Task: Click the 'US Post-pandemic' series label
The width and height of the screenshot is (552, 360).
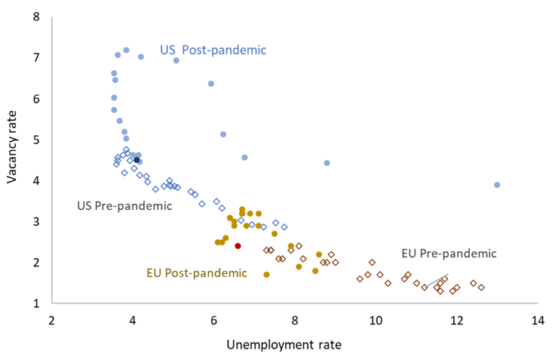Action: (213, 50)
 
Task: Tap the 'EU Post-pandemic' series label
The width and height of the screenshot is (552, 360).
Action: (196, 272)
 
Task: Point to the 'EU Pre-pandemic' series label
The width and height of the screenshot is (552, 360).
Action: (449, 254)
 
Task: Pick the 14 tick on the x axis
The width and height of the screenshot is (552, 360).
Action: (538, 320)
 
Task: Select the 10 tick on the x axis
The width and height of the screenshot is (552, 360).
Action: (376, 320)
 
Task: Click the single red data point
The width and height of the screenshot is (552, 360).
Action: (238, 246)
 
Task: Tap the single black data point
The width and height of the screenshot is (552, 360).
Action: (136, 160)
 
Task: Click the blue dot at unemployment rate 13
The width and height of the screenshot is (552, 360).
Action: (497, 185)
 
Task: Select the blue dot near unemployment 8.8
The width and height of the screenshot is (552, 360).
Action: (327, 163)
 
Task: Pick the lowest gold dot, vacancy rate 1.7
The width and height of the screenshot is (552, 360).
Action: (266, 275)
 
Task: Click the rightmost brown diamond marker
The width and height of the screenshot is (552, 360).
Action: (481, 288)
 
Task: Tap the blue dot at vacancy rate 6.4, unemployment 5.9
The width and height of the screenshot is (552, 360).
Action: (210, 84)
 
